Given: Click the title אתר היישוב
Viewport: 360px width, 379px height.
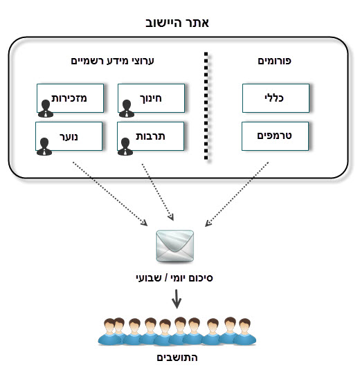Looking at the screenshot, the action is (x=177, y=23).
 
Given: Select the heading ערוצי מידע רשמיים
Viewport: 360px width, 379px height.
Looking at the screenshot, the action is (x=112, y=61).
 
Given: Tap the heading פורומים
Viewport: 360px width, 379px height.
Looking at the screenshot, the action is (x=274, y=61).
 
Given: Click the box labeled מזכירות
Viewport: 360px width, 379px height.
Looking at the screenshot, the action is (x=71, y=98).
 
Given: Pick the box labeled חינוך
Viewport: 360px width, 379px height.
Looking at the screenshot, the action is (x=152, y=98).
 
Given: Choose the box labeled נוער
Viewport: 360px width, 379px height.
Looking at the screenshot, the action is (x=69, y=136).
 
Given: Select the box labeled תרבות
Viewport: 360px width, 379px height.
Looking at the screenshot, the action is (x=151, y=136).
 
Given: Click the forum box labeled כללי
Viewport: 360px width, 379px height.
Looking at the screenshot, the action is (x=276, y=98).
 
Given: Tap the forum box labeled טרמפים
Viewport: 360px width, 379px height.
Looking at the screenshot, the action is (x=275, y=136).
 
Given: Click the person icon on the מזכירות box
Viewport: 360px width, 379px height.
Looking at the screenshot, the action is (x=46, y=109).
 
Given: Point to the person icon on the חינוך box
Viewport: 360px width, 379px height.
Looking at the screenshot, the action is (x=127, y=109).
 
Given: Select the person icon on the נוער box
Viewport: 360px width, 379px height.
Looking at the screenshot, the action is (x=44, y=147).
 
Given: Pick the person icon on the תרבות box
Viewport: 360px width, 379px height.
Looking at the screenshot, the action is (x=125, y=147).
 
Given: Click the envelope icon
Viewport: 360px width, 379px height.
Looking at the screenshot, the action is (x=175, y=246).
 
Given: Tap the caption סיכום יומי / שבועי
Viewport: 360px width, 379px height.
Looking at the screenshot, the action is (x=174, y=278).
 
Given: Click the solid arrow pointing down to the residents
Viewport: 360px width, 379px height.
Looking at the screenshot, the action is (x=177, y=299).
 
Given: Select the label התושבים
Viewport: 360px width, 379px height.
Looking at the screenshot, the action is (x=177, y=358).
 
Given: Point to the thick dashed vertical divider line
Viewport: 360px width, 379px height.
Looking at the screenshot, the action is (x=206, y=106).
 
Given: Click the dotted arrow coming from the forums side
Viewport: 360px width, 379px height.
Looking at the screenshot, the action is (x=237, y=194).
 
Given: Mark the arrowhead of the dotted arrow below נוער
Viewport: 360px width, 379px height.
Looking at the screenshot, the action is (x=145, y=223).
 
